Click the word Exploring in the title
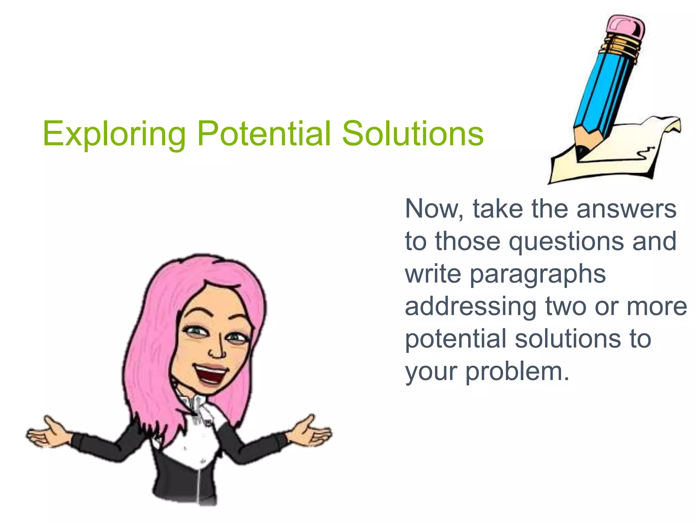[114, 134]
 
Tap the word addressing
[471, 307]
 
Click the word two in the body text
[566, 307]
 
